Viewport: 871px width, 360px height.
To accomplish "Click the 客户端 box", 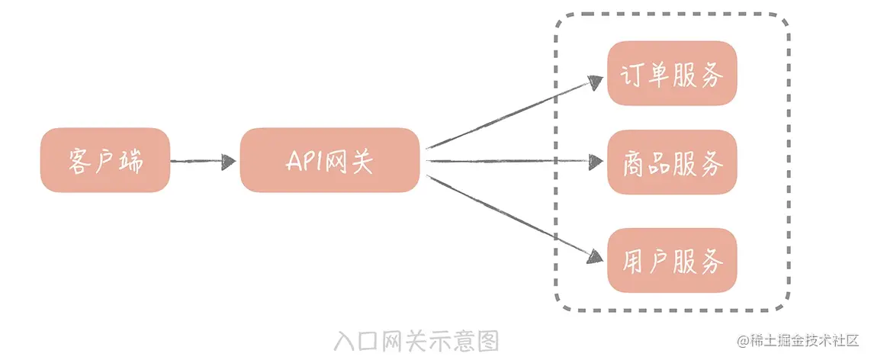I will [x=105, y=160].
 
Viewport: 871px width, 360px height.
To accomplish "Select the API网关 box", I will [x=330, y=160].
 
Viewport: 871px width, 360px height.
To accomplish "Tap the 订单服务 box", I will [x=672, y=73].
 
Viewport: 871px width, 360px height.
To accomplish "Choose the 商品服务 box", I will [x=672, y=162].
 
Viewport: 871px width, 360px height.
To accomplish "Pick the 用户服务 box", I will [x=672, y=259].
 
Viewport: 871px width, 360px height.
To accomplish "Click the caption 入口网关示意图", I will [x=416, y=339].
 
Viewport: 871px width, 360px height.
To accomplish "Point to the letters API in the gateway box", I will [x=304, y=161].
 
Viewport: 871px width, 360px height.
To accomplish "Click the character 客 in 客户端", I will [x=79, y=161].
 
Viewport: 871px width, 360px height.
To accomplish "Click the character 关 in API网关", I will [x=362, y=161].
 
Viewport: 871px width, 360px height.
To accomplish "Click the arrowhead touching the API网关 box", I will [x=229, y=161].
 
